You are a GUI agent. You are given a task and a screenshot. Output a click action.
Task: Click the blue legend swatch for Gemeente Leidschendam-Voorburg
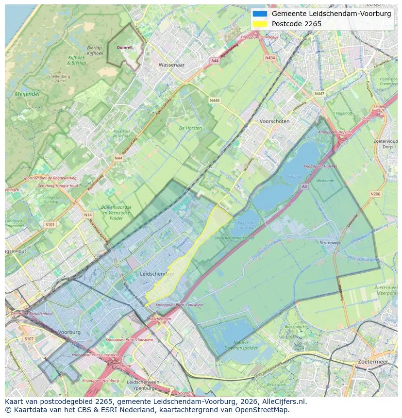coord(260,14)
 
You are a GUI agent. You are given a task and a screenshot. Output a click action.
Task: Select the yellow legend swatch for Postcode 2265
coord(260,24)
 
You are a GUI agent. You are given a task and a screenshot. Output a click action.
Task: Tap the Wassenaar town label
coord(172,64)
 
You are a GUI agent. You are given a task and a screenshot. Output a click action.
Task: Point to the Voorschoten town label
coord(274,121)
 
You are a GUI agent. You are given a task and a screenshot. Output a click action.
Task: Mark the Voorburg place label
coord(69,333)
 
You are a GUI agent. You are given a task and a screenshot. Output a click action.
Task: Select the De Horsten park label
coord(190,128)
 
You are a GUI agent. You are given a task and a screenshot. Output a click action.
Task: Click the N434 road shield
coord(270,58)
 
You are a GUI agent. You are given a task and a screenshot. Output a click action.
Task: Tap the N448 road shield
coord(215,100)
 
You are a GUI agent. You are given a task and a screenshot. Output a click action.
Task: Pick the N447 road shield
coord(319,94)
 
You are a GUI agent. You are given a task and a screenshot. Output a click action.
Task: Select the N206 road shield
coord(375,194)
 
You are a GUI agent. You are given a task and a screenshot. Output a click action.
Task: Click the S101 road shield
coord(50,225)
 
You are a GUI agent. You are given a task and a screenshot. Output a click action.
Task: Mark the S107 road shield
coord(29,338)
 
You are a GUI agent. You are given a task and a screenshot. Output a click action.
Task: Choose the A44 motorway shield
coord(215,61)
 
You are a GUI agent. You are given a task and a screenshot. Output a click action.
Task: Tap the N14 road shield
coord(87,215)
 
